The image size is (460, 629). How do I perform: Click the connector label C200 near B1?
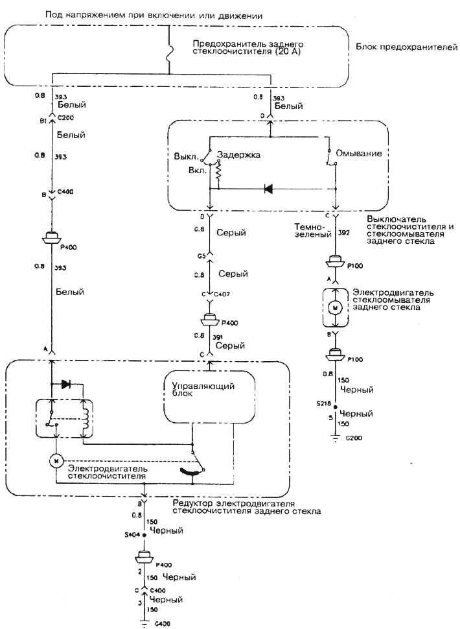[65, 119]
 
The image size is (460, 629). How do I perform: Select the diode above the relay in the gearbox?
[65, 384]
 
